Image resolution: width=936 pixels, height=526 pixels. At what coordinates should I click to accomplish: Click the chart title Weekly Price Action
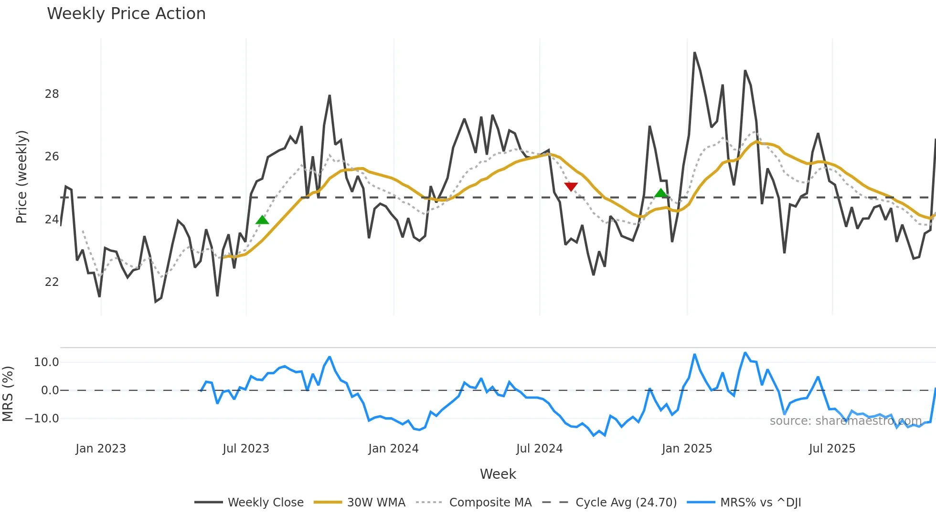click(x=126, y=14)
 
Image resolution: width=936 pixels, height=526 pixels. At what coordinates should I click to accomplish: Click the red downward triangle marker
click(x=571, y=187)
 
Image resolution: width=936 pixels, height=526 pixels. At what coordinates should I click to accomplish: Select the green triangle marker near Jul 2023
click(x=262, y=220)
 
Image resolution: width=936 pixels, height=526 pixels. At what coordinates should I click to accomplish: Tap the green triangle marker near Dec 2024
click(x=660, y=193)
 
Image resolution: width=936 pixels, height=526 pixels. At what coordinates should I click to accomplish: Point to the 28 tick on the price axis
click(x=52, y=94)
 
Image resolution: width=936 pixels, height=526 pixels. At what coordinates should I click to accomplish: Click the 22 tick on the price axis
click(x=52, y=282)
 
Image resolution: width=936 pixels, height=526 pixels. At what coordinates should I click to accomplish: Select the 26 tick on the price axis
click(x=52, y=157)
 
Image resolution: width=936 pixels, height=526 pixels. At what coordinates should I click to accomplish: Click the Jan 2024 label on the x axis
click(x=393, y=449)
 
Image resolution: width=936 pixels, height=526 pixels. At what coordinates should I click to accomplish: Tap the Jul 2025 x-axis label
click(x=832, y=449)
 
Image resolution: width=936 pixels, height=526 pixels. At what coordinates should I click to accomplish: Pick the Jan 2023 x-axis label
click(x=101, y=449)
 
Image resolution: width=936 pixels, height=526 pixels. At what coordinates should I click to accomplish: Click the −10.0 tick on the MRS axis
click(x=42, y=419)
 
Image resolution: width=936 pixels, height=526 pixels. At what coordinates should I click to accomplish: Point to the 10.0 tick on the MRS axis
click(x=46, y=362)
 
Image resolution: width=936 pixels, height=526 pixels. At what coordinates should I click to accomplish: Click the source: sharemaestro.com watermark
click(x=845, y=421)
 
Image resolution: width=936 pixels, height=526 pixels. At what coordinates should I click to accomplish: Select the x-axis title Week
click(x=498, y=474)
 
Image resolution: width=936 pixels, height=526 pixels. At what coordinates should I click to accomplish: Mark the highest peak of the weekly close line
click(x=694, y=53)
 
